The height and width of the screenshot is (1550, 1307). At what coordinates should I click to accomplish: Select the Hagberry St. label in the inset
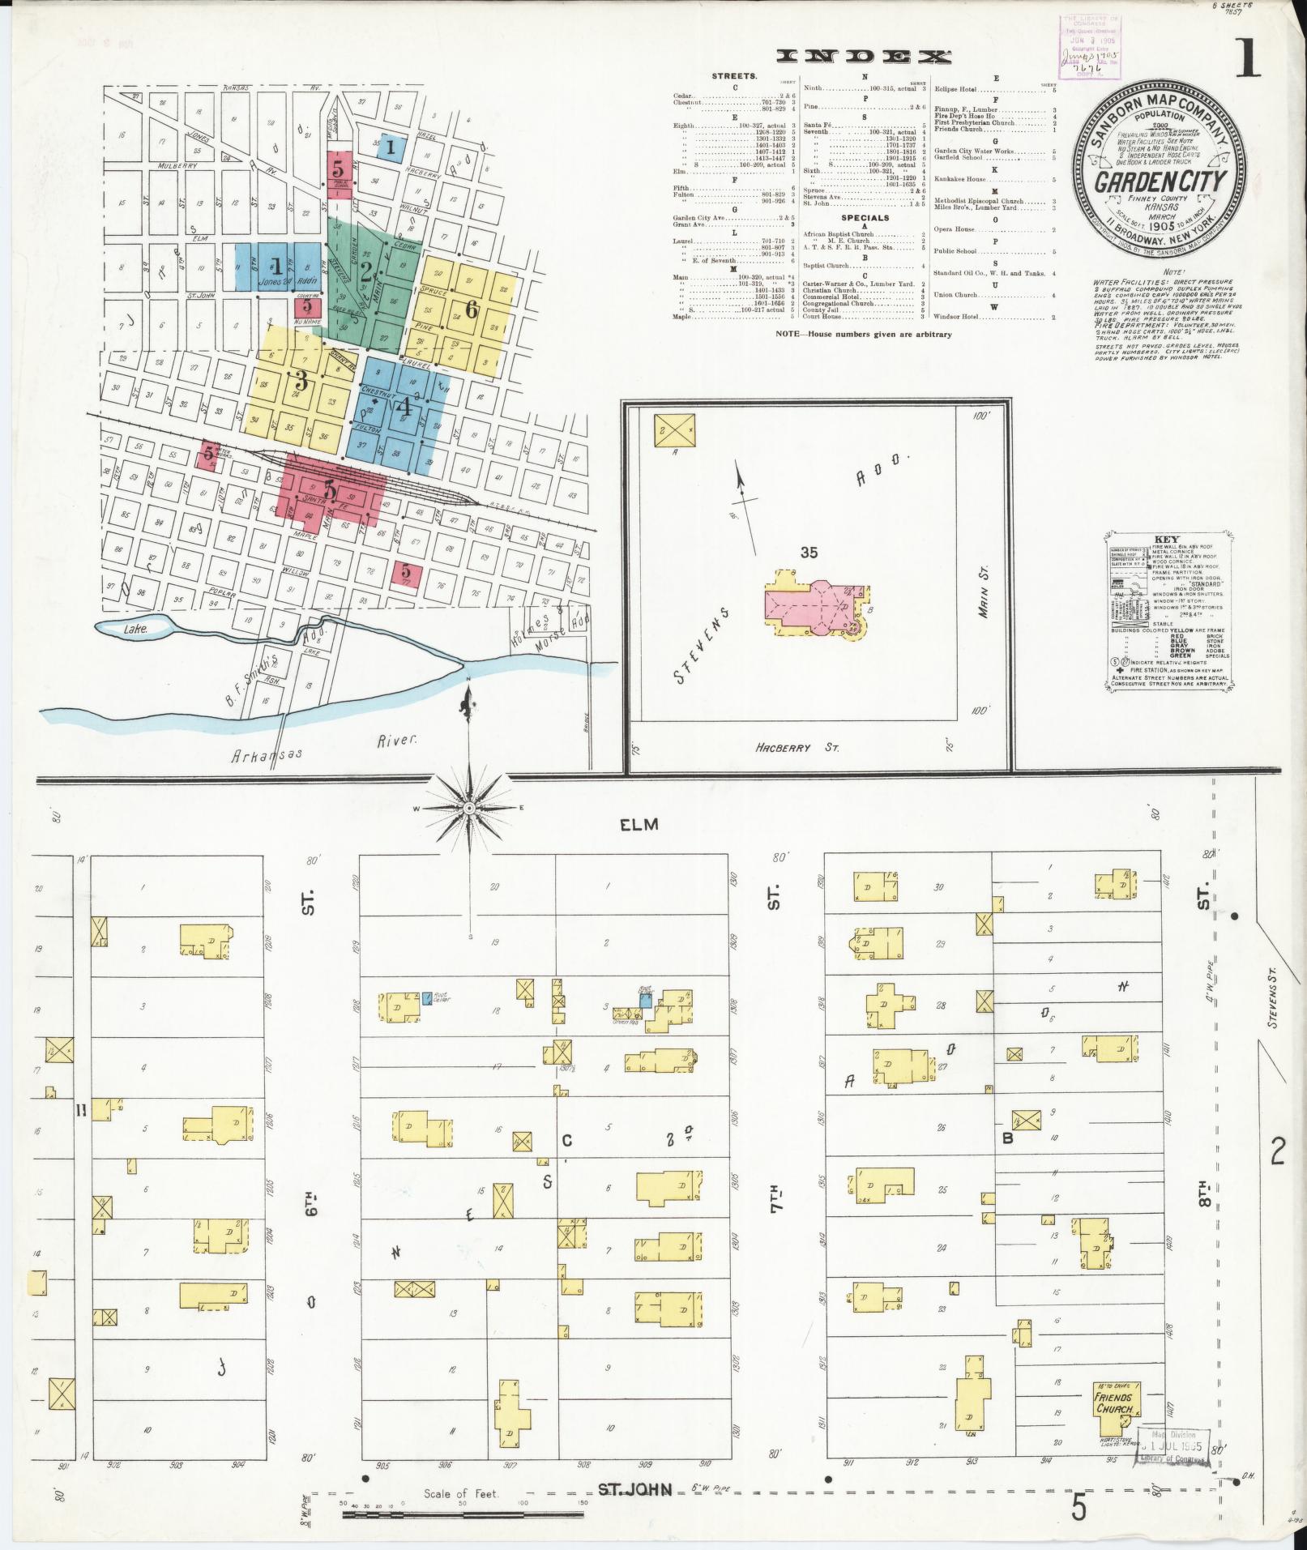pyautogui.click(x=783, y=748)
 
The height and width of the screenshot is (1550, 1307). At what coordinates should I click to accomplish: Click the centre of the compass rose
pyautogui.click(x=470, y=809)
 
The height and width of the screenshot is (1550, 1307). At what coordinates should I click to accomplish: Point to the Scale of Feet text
pyautogui.click(x=461, y=1493)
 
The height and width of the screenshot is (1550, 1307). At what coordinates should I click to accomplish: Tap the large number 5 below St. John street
pyautogui.click(x=1078, y=1506)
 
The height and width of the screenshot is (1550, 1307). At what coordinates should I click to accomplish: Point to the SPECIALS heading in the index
pyautogui.click(x=865, y=218)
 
